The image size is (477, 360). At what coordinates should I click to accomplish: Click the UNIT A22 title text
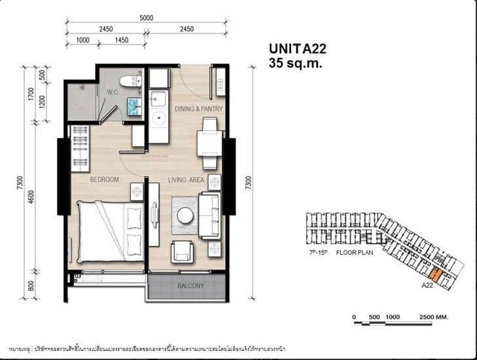point(298,48)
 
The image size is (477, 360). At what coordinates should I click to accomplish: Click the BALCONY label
point(191,286)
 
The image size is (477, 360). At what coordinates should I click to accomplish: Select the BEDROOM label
point(104,179)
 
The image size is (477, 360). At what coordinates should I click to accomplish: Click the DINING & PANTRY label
point(199,109)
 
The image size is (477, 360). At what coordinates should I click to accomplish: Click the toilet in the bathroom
point(132,81)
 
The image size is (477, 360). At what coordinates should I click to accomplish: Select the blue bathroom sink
point(133,106)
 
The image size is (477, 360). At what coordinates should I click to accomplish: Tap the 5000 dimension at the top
point(146,18)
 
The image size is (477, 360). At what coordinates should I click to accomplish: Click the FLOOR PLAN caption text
point(353,251)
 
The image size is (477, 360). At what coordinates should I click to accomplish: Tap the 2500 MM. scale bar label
point(432,317)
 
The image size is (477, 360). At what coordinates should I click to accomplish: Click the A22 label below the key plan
point(428,285)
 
